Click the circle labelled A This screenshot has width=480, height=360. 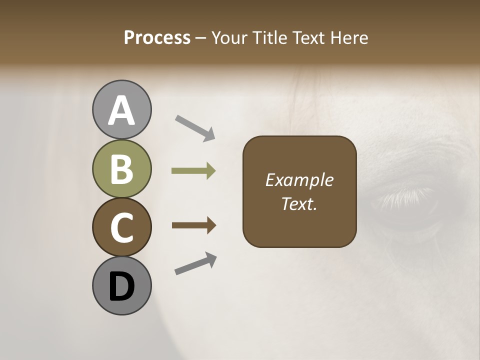click(121, 109)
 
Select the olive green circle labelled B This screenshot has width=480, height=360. click(121, 168)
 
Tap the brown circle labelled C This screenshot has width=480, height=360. click(121, 227)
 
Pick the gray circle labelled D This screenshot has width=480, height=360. click(121, 285)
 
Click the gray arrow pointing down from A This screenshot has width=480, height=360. click(195, 127)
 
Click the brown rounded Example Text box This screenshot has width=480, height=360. click(299, 191)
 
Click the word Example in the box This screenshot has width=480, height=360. click(299, 180)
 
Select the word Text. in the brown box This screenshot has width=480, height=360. click(299, 203)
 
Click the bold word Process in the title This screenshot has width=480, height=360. click(157, 38)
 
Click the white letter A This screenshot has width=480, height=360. click(121, 110)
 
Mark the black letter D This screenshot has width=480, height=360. click(121, 287)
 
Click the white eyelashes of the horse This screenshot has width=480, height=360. click(403, 198)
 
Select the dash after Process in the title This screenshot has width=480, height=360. click(201, 38)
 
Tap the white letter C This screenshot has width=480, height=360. click(121, 228)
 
